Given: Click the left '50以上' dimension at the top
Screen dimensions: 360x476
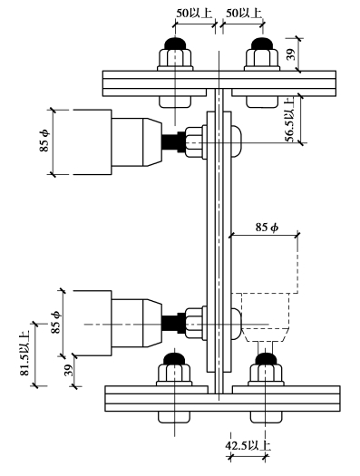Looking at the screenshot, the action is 194,13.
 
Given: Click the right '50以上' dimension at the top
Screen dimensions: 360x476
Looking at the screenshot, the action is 244,13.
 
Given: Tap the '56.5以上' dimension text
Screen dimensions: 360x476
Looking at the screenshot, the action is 289,120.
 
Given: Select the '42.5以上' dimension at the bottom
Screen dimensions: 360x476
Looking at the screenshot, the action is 248,446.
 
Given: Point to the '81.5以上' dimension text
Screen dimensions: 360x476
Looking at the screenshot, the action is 24,353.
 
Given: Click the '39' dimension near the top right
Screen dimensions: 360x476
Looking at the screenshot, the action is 291,54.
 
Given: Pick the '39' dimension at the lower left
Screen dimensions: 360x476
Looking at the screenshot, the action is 70,370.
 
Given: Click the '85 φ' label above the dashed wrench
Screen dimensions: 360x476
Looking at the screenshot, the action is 267,227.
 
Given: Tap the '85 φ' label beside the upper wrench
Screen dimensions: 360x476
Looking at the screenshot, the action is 44,141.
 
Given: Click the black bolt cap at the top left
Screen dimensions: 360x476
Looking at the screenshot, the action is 175,44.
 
